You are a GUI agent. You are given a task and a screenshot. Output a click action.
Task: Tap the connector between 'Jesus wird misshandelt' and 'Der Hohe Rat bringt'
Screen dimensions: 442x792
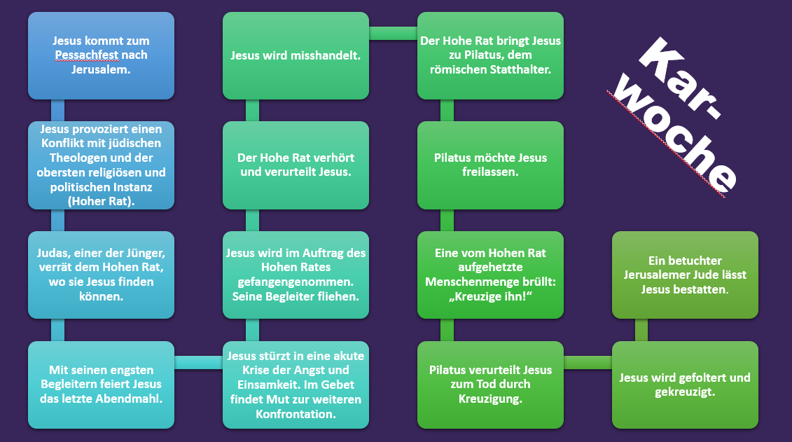coord(394,33)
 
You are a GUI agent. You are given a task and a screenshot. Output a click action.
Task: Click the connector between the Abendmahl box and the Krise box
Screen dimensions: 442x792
coord(198,362)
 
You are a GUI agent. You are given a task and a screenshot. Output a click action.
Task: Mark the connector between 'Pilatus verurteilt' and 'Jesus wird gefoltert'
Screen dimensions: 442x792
coord(588,362)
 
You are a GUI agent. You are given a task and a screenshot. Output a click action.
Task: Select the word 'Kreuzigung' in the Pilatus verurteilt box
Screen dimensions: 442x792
coord(490,398)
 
